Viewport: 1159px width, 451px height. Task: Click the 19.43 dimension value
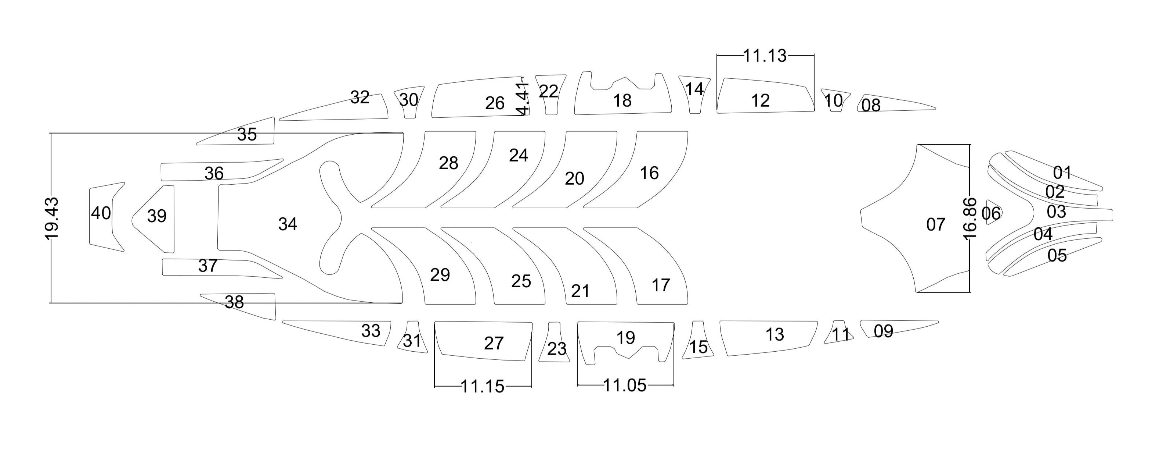tap(52, 219)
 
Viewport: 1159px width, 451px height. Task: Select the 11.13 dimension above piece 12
tap(765, 56)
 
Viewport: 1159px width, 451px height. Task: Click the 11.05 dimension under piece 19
tap(625, 386)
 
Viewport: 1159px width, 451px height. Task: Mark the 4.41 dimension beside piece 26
tap(522, 99)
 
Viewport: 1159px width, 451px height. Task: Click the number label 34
tap(288, 224)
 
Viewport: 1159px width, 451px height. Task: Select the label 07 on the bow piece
tap(935, 224)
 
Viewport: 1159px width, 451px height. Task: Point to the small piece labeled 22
tap(549, 92)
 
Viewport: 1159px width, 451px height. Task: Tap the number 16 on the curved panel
tap(649, 173)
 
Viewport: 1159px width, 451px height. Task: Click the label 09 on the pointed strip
tap(883, 331)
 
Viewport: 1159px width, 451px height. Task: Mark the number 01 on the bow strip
tap(1062, 172)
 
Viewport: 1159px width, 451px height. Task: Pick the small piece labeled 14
tap(694, 90)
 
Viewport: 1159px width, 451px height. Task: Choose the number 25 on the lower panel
tap(521, 281)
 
